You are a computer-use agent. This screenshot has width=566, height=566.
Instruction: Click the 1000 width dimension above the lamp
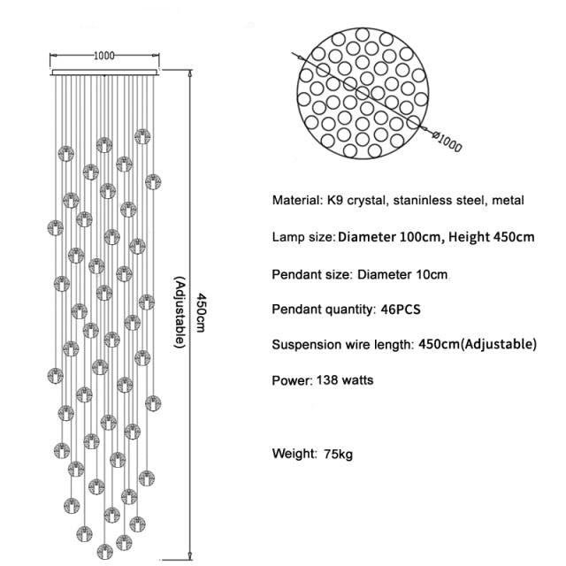104,55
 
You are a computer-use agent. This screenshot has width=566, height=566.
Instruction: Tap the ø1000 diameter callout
448,139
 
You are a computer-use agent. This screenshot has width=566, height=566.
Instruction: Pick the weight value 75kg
338,455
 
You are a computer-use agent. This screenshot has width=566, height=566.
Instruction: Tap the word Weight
294,455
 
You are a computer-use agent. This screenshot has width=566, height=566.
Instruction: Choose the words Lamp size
302,237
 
